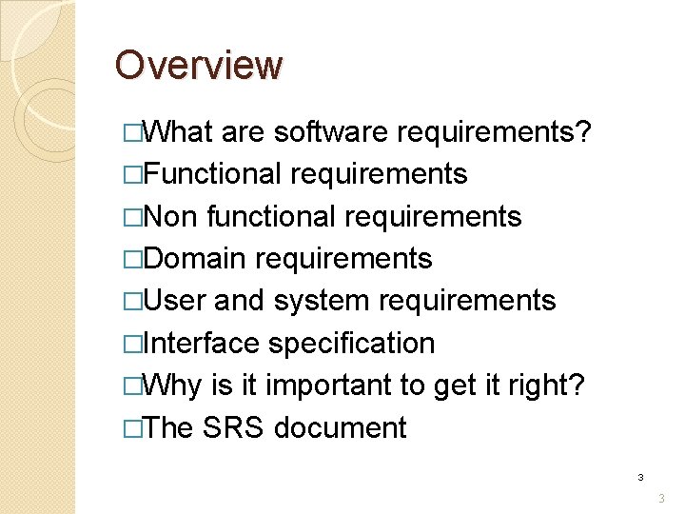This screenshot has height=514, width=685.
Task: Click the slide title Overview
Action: [x=199, y=66]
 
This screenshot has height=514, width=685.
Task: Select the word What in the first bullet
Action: [x=180, y=132]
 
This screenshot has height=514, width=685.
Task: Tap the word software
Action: [x=330, y=132]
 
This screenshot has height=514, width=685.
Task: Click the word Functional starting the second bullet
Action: [x=213, y=174]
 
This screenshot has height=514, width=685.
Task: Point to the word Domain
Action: [x=196, y=258]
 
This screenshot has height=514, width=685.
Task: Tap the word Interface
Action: [x=202, y=343]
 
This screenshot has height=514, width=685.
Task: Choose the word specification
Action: [x=351, y=343]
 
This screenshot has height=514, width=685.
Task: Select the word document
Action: [x=340, y=427]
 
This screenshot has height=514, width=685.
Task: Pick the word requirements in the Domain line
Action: [x=343, y=258]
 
